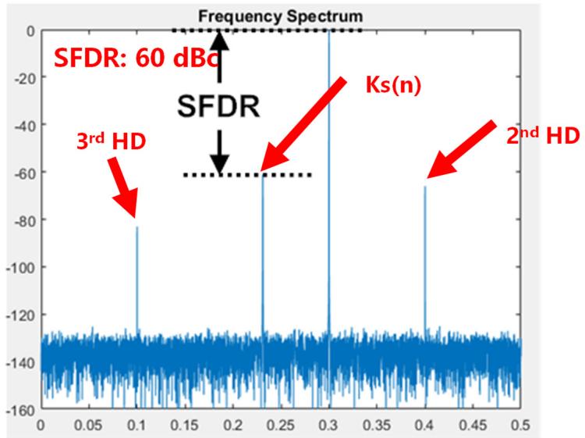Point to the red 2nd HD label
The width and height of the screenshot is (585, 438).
pos(538,135)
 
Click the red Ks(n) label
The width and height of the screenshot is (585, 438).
pos(394,84)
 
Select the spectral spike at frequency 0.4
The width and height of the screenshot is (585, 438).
pos(425,258)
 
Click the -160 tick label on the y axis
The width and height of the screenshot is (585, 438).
pos(18,409)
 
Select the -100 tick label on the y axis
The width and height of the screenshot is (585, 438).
pos(18,267)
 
